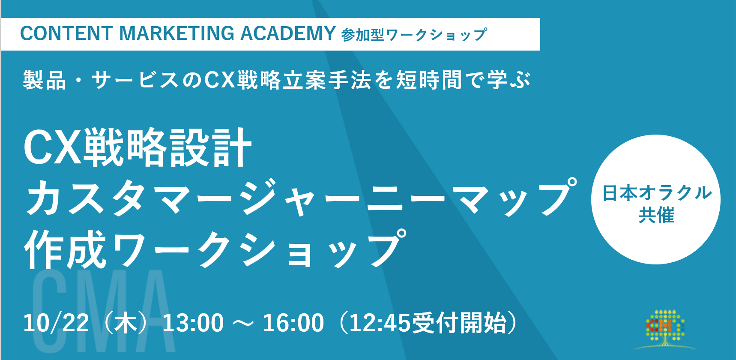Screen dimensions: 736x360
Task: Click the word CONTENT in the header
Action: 66,33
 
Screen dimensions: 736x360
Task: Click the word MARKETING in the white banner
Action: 177,33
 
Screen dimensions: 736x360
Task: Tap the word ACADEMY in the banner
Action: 288,33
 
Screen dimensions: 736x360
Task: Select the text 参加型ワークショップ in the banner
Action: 414,35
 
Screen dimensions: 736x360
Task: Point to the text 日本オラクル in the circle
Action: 656,193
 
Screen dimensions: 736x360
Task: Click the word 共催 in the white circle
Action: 656,215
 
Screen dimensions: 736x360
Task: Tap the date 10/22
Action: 56,323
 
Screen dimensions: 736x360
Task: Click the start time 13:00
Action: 193,323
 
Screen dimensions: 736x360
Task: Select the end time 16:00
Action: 293,323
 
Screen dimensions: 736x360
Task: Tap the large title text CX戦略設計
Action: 138,148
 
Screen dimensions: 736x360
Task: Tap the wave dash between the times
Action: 243,324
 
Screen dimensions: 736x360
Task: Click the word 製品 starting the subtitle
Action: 45,80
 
